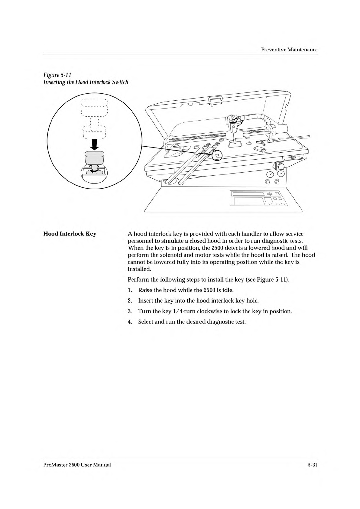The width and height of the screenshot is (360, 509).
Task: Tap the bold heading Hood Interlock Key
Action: pos(70,234)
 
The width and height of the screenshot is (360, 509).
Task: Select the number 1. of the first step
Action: pos(130,290)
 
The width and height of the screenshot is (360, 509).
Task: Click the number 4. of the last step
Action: pos(130,322)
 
